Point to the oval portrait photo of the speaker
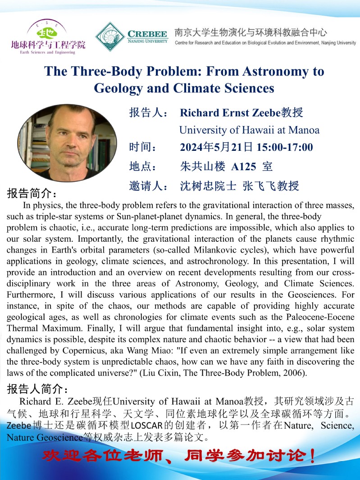[67, 142]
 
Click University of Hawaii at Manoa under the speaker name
[249, 130]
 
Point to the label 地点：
[143, 166]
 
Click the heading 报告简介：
[32, 194]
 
